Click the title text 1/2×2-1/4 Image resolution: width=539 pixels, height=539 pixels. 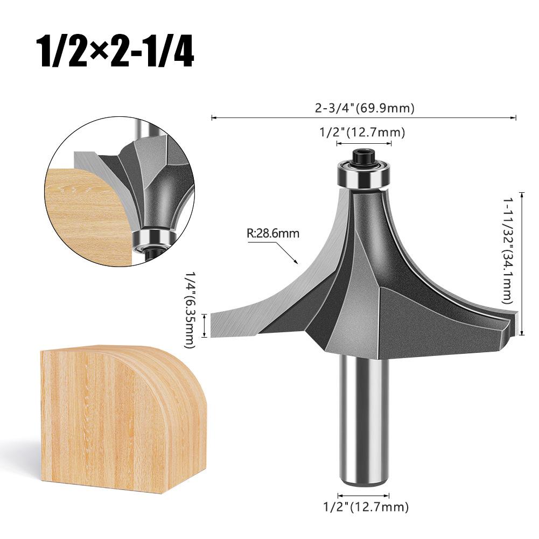[114, 52]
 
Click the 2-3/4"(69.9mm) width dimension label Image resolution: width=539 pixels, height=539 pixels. [365, 108]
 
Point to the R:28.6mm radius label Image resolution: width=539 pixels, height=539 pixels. [272, 234]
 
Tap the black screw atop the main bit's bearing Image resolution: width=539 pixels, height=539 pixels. [363, 157]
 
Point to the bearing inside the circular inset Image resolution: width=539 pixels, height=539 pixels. [152, 237]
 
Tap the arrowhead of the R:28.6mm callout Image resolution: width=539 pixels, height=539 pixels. [296, 263]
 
